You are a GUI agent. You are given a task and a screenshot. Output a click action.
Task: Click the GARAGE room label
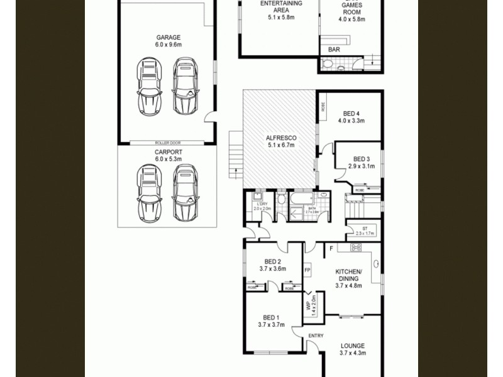click(168, 38)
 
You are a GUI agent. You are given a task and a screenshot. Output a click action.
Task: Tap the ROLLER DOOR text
click(167, 143)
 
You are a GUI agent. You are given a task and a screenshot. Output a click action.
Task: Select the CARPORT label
click(168, 152)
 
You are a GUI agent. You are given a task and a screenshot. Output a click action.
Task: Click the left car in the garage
click(149, 85)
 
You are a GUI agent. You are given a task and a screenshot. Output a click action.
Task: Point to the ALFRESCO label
click(280, 138)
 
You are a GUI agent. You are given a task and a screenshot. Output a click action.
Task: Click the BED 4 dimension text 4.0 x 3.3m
click(351, 121)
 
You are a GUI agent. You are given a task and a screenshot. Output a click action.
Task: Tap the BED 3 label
click(362, 159)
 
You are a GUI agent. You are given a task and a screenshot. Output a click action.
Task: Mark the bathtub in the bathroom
click(296, 199)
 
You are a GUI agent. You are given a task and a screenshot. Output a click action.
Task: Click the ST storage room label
click(365, 228)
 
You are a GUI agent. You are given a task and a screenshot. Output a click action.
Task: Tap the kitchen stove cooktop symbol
click(355, 248)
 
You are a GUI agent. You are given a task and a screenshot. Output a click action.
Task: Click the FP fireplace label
click(307, 271)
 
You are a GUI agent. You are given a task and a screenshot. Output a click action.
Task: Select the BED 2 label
click(272, 262)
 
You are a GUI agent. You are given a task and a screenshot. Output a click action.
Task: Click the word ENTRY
click(316, 336)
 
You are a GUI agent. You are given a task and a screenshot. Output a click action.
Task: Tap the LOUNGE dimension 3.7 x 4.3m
click(352, 353)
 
